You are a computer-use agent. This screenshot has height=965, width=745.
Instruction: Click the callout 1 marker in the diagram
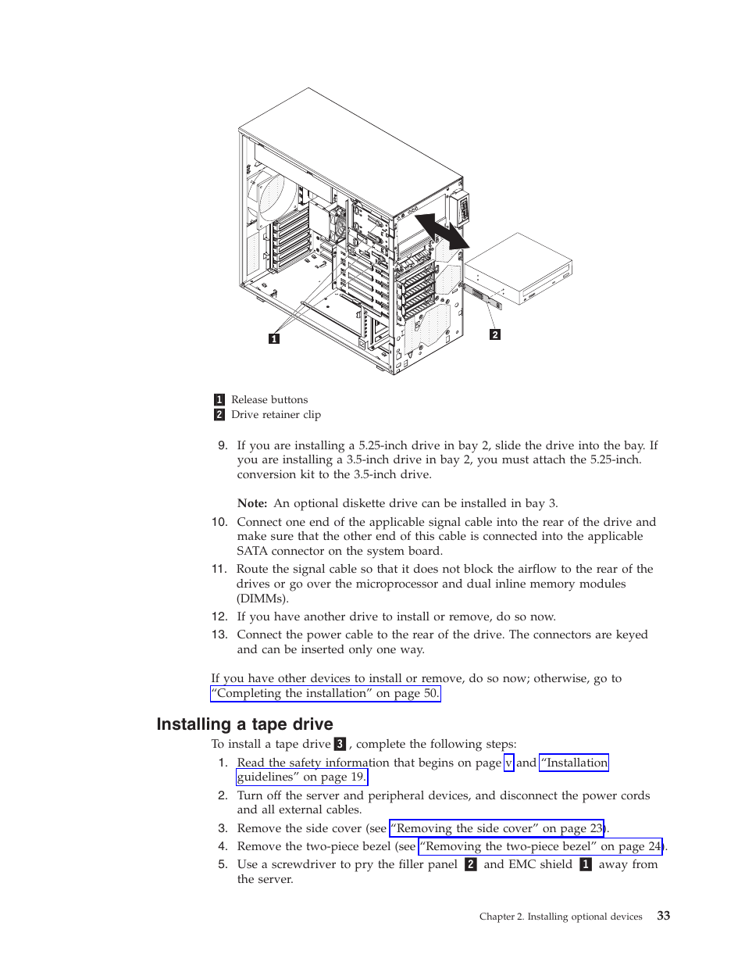(274, 338)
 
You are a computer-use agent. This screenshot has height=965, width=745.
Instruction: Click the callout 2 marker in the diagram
(494, 334)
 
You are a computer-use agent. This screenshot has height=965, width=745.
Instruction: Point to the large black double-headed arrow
(441, 231)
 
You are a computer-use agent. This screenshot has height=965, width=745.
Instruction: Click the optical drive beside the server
(519, 270)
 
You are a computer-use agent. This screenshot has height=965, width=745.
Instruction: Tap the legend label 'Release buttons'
(269, 400)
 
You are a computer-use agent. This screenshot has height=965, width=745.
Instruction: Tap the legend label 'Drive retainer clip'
(276, 415)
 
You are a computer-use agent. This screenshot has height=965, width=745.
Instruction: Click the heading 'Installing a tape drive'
(244, 724)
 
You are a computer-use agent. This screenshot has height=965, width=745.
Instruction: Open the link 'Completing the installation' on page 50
(325, 694)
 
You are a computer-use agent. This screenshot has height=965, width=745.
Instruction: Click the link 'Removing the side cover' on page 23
(497, 828)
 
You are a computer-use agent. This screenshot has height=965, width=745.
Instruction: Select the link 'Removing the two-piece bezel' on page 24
(540, 846)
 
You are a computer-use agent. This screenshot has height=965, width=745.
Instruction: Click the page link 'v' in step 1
(508, 763)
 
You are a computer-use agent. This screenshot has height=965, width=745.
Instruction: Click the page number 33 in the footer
(663, 916)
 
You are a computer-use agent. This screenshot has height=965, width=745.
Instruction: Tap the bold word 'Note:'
(252, 504)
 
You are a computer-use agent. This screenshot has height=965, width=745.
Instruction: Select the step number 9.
(223, 445)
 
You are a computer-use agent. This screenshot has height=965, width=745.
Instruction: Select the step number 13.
(219, 634)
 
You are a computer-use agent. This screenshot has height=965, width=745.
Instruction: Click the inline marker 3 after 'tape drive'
(340, 745)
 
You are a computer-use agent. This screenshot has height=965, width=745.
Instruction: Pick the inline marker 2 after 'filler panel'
(470, 864)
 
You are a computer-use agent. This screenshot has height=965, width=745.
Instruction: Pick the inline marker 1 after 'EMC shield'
(586, 864)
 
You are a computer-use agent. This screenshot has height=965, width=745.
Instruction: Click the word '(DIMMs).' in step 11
(262, 599)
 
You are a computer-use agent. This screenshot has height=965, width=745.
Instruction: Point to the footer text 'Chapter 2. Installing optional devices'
(561, 917)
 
